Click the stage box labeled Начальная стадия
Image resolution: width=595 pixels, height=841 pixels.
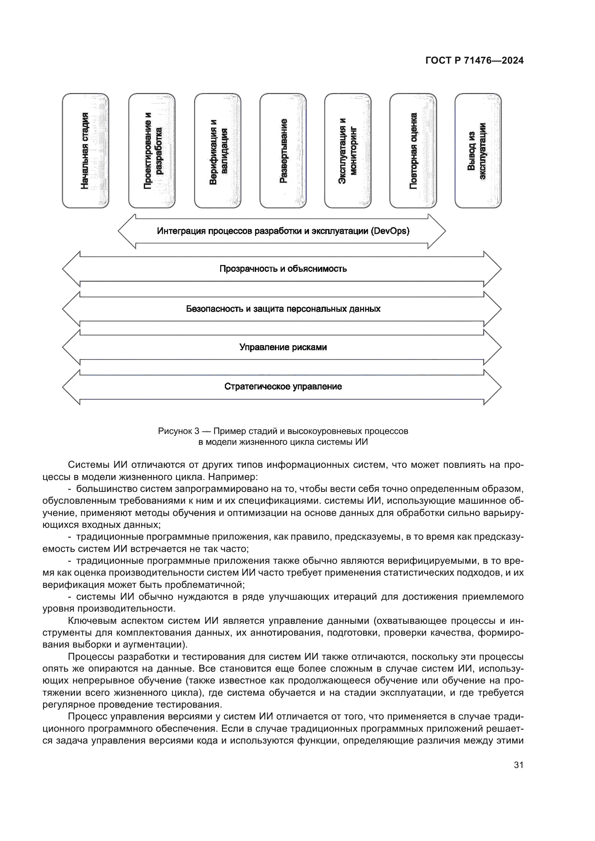tap(85, 151)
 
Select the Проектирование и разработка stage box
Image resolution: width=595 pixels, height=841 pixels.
tap(152, 151)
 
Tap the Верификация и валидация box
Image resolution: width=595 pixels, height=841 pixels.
tap(218, 151)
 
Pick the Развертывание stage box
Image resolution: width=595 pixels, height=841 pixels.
tap(283, 151)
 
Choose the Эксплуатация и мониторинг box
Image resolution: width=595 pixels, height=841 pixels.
tap(348, 151)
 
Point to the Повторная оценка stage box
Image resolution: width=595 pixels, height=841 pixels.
tap(413, 151)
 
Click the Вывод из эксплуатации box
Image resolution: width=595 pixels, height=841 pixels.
tap(478, 151)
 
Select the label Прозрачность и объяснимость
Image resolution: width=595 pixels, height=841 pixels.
tap(283, 269)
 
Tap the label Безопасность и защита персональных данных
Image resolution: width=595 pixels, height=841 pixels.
tap(283, 309)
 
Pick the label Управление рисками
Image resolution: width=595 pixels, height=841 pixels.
tap(283, 347)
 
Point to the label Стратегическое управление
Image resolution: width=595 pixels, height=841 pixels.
tap(283, 387)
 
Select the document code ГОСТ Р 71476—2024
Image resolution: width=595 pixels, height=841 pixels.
tap(474, 61)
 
